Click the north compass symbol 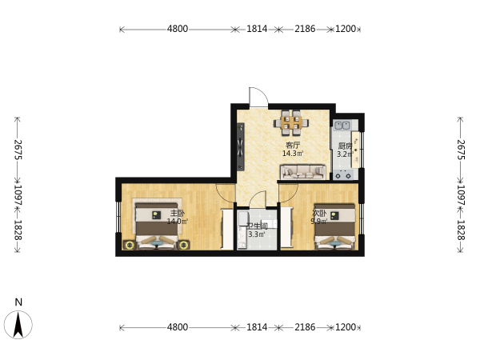(x=18, y=325)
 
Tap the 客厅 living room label (x=293, y=145)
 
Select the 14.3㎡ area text (x=293, y=154)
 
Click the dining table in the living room (x=291, y=122)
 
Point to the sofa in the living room (x=303, y=172)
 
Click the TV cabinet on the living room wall (x=241, y=146)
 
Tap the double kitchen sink (x=342, y=126)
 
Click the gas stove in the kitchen (x=343, y=174)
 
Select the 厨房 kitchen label (x=345, y=146)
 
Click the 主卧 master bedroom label (x=178, y=213)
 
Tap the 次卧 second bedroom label (x=319, y=213)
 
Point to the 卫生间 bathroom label (x=257, y=226)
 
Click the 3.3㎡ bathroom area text (x=257, y=234)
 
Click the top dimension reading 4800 (x=178, y=29)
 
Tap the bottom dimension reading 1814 (x=257, y=327)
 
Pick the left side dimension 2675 (x=18, y=150)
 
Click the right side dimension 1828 (x=461, y=230)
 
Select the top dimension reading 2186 (x=305, y=29)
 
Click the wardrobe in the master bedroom (x=227, y=229)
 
